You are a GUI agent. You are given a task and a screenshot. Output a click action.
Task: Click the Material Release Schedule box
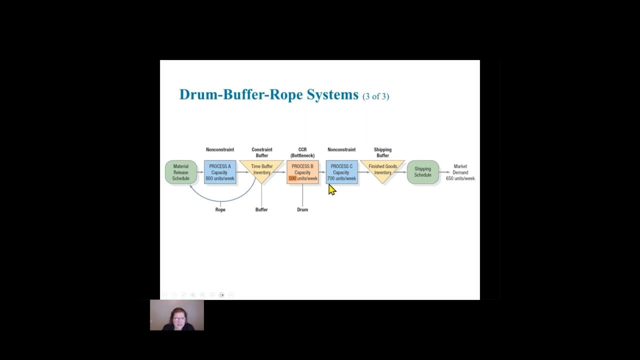click(x=181, y=172)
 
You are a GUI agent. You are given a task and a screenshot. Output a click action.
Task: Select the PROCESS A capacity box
click(x=220, y=172)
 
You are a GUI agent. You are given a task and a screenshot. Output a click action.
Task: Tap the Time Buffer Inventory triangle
click(x=261, y=169)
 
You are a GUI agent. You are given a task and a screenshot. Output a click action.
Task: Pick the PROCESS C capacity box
click(x=341, y=172)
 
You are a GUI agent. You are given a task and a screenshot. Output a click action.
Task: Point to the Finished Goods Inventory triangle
click(x=382, y=169)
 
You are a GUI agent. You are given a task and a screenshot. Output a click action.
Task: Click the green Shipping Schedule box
click(x=422, y=172)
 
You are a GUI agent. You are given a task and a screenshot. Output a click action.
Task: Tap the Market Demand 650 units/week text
click(x=460, y=172)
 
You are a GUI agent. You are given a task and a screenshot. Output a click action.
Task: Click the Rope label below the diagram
click(x=220, y=209)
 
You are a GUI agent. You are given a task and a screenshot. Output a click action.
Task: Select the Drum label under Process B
click(x=302, y=209)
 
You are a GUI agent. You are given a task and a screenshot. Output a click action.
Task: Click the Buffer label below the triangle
click(x=261, y=209)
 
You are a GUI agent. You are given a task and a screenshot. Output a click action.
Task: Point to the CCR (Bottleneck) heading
click(x=302, y=152)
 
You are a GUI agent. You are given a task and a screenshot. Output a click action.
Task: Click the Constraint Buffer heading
click(x=262, y=152)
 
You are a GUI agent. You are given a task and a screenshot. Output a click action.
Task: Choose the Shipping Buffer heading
click(x=382, y=152)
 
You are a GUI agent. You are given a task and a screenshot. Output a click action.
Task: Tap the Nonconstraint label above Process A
click(x=220, y=149)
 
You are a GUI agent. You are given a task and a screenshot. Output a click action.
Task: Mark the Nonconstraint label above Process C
click(x=341, y=149)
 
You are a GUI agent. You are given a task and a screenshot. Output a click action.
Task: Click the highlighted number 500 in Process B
click(x=292, y=178)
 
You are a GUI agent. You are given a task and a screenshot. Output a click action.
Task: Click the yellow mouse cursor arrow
click(x=332, y=189)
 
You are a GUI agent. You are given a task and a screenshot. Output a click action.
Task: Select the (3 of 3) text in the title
click(x=375, y=96)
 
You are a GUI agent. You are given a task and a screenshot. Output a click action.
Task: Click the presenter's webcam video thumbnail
click(x=177, y=315)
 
